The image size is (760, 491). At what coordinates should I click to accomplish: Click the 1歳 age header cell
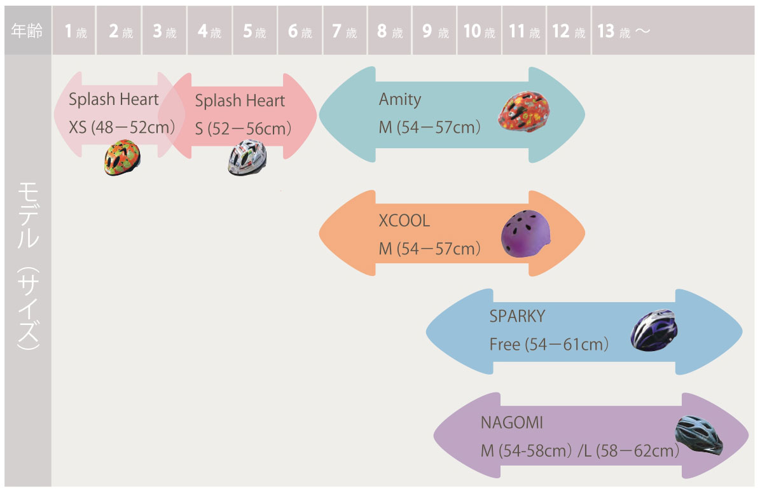[x=75, y=31]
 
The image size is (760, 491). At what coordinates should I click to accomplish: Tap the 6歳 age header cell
[x=300, y=31]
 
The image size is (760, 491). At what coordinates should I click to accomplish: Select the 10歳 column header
[x=479, y=31]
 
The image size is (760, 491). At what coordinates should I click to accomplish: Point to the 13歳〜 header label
[x=623, y=31]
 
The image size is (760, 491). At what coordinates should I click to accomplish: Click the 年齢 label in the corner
[x=27, y=31]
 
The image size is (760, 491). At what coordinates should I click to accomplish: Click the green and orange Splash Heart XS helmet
[x=121, y=157]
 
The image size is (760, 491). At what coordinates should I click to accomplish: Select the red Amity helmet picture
[x=522, y=112]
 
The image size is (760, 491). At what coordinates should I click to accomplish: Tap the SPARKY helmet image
[x=654, y=329]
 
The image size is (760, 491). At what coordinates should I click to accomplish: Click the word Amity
[x=400, y=99]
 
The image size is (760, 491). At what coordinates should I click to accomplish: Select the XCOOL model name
[x=404, y=221]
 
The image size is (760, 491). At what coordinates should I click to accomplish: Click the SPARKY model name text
[x=517, y=316]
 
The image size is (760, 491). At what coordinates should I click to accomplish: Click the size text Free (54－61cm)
[x=549, y=345]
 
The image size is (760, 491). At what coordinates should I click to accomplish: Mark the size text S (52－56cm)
[x=243, y=128]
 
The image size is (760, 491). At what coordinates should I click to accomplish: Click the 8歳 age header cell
[x=389, y=31]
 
